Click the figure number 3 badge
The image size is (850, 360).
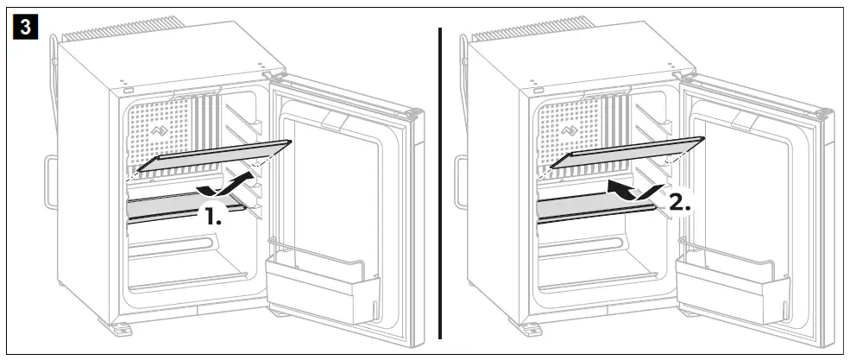point(27,28)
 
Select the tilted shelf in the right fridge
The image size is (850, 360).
point(626,154)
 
